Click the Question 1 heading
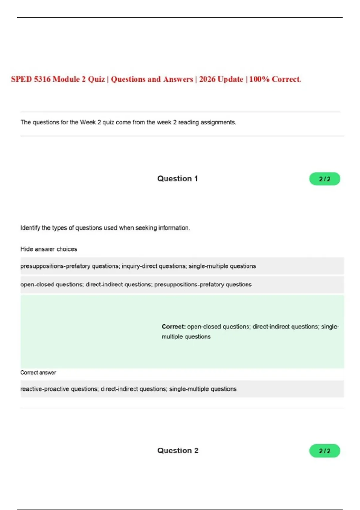pos(177,179)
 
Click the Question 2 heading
pos(178,451)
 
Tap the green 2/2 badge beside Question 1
pos(325,179)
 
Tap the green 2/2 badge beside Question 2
pos(325,451)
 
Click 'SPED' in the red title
pos(21,79)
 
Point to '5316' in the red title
pos(42,79)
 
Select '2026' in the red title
pos(207,79)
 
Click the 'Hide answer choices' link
pos(49,249)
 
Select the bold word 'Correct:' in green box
pos(174,327)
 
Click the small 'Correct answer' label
pos(38,373)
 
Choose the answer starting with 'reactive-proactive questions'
pos(128,389)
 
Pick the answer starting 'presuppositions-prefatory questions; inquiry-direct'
pos(138,266)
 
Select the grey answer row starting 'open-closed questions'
pos(136,284)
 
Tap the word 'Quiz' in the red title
pos(96,79)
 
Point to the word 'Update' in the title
pos(230,79)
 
